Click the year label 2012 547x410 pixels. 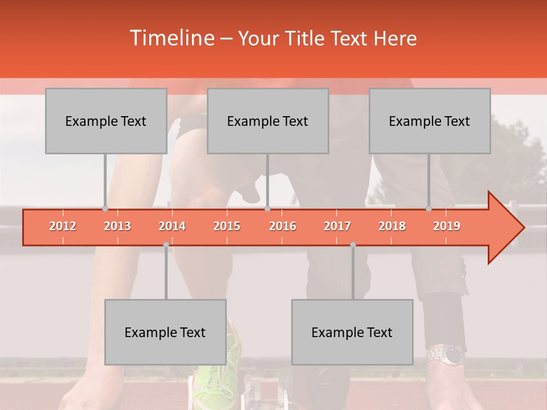click(x=63, y=226)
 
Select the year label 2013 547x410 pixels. click(x=117, y=226)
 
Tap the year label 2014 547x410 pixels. click(x=172, y=226)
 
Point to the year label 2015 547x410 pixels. click(x=227, y=226)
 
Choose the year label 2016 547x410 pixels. click(x=283, y=226)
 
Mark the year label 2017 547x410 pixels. click(x=337, y=226)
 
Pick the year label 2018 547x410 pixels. click(x=392, y=226)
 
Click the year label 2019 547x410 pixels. click(x=447, y=226)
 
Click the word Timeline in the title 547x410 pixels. click(x=171, y=38)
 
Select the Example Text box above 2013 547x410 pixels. click(x=106, y=121)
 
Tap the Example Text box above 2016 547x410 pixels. click(x=268, y=121)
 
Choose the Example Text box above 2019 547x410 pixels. click(x=430, y=121)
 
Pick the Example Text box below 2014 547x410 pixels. click(x=165, y=332)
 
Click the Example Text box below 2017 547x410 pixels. click(x=352, y=332)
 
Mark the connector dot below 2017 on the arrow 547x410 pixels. click(x=353, y=245)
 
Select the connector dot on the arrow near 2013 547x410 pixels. click(x=105, y=209)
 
